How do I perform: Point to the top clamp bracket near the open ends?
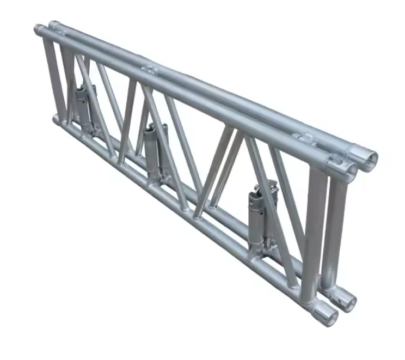(x=305, y=138)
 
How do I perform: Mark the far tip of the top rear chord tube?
(x=52, y=25)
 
